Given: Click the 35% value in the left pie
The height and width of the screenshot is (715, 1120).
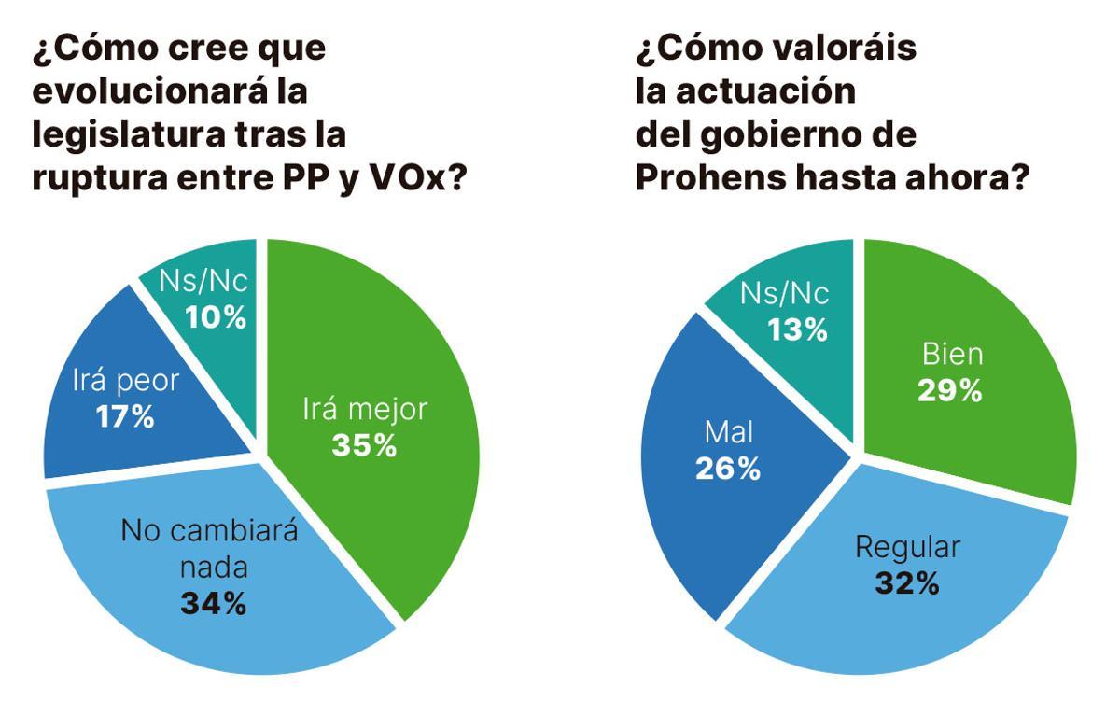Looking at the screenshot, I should [364, 445].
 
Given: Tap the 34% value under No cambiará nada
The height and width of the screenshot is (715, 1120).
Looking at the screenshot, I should [213, 603].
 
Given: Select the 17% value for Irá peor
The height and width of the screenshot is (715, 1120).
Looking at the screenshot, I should [125, 416].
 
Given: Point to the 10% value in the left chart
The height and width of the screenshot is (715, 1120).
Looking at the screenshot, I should [216, 317].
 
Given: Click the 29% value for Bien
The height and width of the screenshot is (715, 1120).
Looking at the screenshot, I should [949, 389].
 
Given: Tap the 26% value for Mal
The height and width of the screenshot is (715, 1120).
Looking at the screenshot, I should [728, 469].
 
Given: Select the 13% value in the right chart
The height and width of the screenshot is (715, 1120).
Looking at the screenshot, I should [797, 329].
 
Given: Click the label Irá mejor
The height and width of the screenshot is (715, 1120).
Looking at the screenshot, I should [365, 410].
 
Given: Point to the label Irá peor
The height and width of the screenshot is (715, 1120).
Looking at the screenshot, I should [125, 381].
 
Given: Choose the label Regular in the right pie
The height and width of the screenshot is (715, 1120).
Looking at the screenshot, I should [907, 547].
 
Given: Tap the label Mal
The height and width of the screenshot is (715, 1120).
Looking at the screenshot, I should [729, 433].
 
